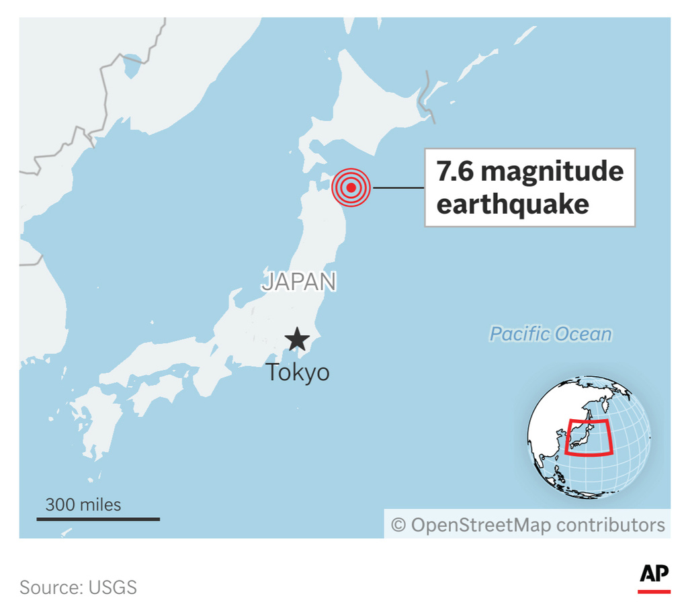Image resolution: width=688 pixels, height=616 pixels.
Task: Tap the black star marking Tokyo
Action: pyautogui.click(x=296, y=340)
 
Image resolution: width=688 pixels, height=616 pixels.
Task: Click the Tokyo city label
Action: pyautogui.click(x=298, y=372)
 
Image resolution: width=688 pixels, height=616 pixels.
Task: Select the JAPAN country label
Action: pyautogui.click(x=299, y=281)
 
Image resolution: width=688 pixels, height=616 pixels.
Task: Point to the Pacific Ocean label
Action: pyautogui.click(x=550, y=334)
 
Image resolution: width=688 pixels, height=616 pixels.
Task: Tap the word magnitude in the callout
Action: pyautogui.click(x=552, y=172)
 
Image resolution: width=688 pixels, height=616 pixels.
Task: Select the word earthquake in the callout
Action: pyautogui.click(x=513, y=204)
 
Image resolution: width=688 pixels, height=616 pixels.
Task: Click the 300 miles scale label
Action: pyautogui.click(x=83, y=504)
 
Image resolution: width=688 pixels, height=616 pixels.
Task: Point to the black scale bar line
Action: pyautogui.click(x=98, y=519)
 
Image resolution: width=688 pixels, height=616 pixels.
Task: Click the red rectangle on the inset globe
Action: pyautogui.click(x=589, y=437)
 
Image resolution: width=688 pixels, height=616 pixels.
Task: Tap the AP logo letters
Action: pyautogui.click(x=654, y=573)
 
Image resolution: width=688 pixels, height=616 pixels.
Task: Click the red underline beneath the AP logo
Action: pyautogui.click(x=654, y=591)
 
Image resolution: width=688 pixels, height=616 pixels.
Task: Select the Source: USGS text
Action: pyautogui.click(x=78, y=587)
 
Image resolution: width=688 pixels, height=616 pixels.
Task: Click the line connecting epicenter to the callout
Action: pyautogui.click(x=398, y=187)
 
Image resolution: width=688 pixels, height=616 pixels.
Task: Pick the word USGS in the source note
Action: pyautogui.click(x=112, y=587)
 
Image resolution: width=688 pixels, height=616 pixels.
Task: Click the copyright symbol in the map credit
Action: pyautogui.click(x=398, y=525)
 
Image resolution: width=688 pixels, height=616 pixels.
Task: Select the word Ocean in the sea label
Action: pyautogui.click(x=587, y=334)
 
